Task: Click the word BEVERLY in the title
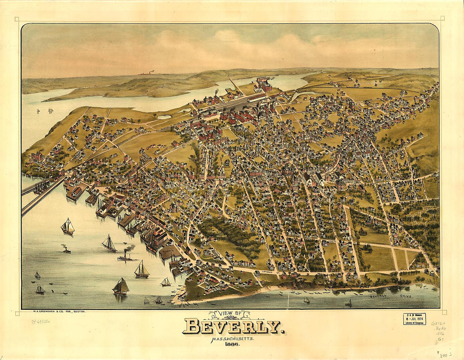point(233,326)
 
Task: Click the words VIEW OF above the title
point(229,314)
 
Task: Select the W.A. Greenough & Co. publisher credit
point(59,311)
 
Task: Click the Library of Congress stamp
point(414,319)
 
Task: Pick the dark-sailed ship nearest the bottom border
point(121,287)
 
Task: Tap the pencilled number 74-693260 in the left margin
point(40,321)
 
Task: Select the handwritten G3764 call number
point(438,323)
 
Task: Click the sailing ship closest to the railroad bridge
point(68,227)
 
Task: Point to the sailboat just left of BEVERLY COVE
point(348,303)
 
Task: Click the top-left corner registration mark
point(16,19)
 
